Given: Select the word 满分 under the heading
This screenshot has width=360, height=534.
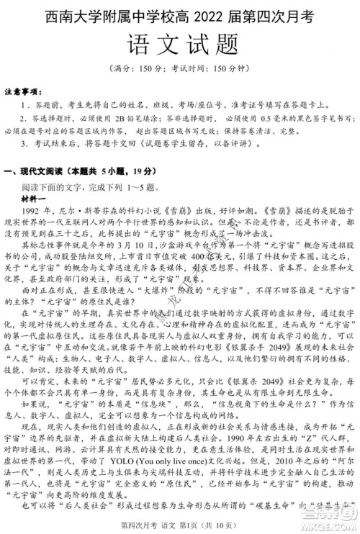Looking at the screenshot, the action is pos(130,71).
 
